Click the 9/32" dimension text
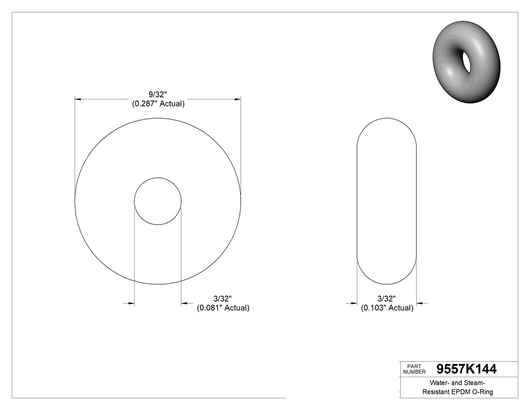pos(157,95)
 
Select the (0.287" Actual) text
pos(157,104)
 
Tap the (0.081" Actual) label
pos(223,307)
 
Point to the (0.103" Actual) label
pos(387,307)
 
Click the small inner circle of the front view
pos(157,201)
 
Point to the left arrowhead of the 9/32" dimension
pos(78,100)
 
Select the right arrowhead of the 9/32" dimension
pos(238,100)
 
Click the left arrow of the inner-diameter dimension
pos(131,303)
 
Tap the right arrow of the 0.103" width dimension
pos(419,303)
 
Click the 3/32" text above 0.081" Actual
pos(222,299)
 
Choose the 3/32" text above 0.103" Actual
pos(387,299)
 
